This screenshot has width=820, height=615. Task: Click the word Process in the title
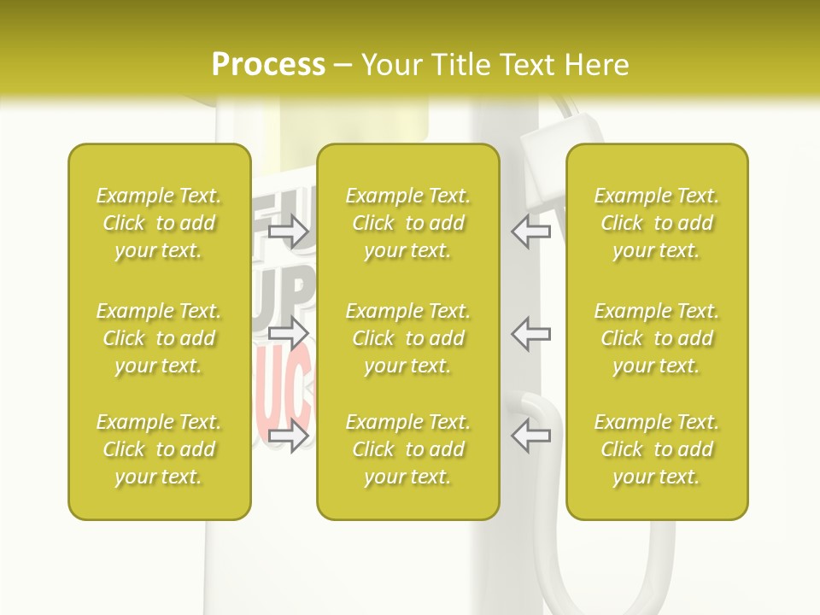click(x=268, y=65)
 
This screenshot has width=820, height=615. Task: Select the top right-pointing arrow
click(x=289, y=231)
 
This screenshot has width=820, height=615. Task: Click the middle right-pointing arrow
click(x=289, y=332)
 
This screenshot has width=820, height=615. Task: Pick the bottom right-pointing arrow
click(x=289, y=436)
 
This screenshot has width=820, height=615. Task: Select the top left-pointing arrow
click(x=530, y=231)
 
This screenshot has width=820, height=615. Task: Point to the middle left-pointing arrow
click(x=530, y=332)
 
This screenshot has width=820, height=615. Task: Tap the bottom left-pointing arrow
click(x=530, y=435)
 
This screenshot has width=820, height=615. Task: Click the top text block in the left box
click(x=159, y=223)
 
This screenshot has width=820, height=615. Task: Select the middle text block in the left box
click(x=159, y=338)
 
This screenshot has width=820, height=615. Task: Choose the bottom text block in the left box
click(x=159, y=449)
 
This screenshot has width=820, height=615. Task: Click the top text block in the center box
click(x=407, y=223)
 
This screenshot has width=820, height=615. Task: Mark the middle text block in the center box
click(x=407, y=338)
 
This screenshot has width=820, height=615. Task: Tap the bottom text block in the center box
click(x=407, y=449)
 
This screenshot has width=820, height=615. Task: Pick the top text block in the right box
click(x=656, y=223)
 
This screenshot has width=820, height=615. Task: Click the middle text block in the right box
click(x=656, y=338)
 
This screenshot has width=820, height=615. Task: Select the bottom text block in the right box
click(x=656, y=449)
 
